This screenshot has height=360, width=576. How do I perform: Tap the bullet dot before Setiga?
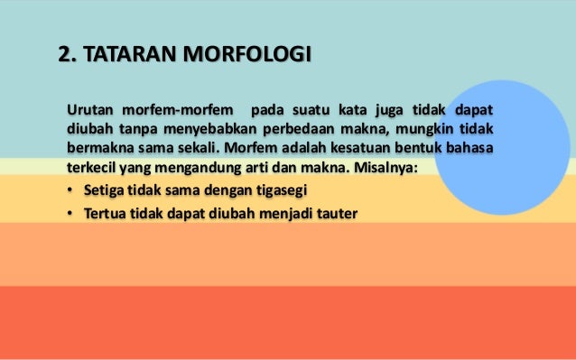coord(71,192)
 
